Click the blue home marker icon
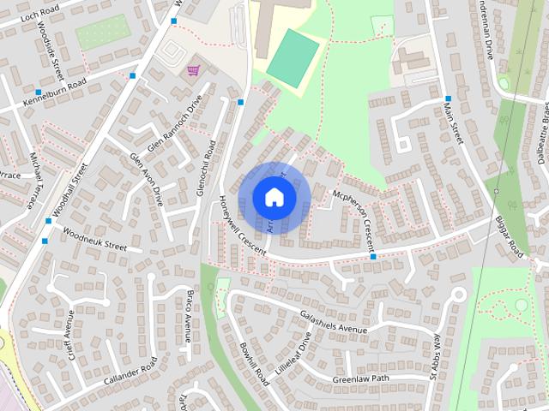[273, 197]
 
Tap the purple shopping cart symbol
[193, 70]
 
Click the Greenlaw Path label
[360, 378]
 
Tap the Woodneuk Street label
[94, 240]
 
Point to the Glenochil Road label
[207, 168]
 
